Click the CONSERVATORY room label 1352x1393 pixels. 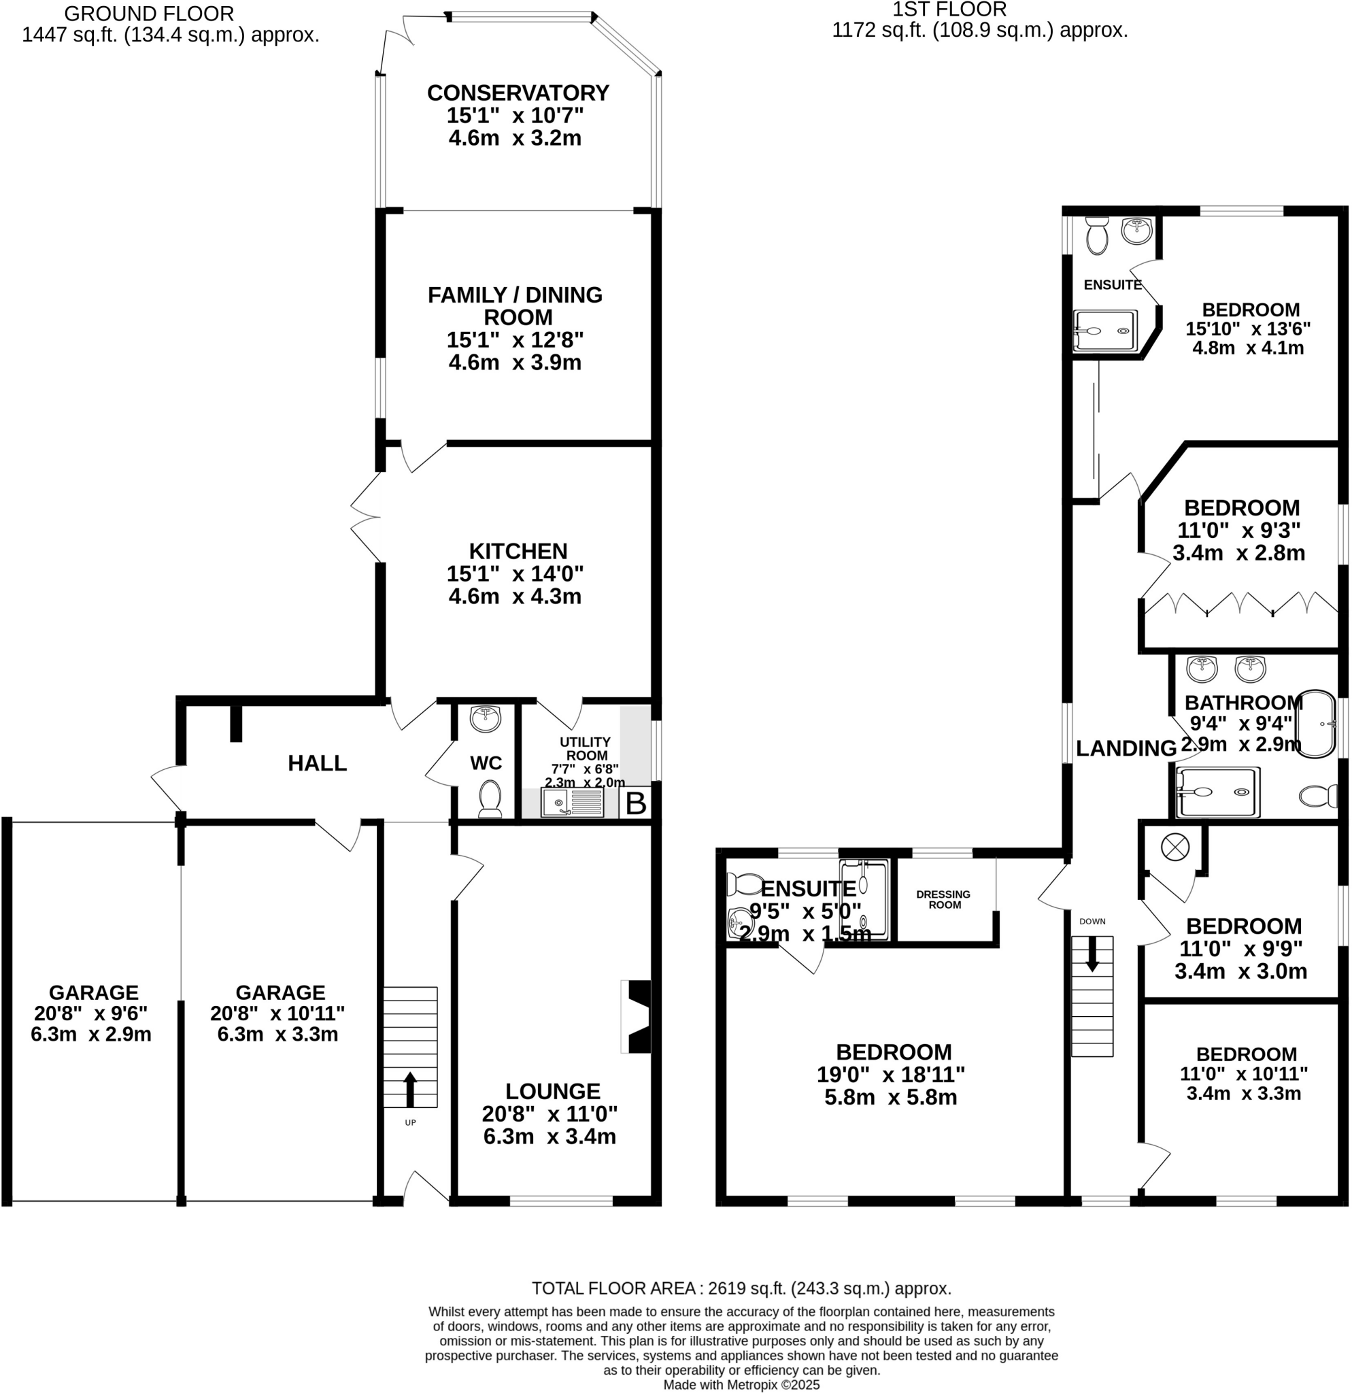[518, 93]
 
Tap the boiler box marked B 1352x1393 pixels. [636, 804]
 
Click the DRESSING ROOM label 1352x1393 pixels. [943, 899]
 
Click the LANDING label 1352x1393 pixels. [1126, 748]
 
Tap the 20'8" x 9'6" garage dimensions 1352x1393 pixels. [91, 1013]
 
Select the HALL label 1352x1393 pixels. [317, 763]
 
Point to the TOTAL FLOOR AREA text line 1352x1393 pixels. [741, 1288]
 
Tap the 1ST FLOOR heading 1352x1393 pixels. [949, 10]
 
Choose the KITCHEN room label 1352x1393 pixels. [518, 552]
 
